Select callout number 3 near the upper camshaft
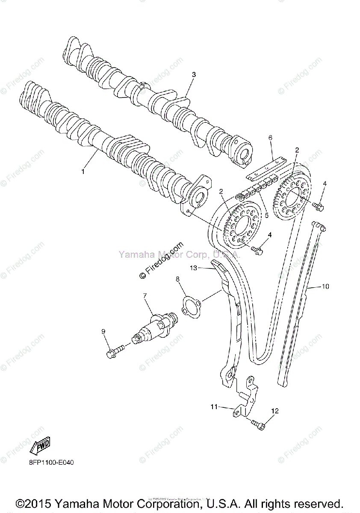(194, 74)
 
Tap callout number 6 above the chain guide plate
(270, 138)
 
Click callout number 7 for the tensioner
(145, 295)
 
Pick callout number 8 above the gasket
(177, 279)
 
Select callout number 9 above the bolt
(103, 331)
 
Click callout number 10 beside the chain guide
(326, 286)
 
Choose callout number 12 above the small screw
(274, 411)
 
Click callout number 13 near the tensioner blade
(193, 268)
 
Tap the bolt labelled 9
(113, 352)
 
